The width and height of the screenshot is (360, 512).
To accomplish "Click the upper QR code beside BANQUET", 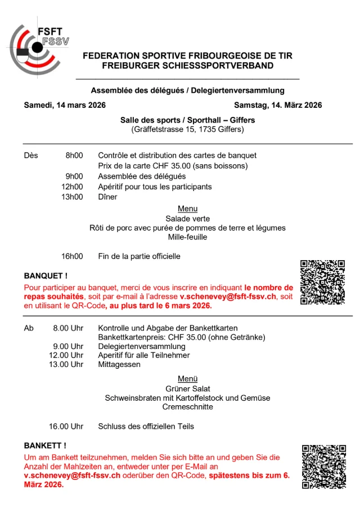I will [322, 282].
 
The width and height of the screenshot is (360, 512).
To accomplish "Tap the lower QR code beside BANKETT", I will [323, 466].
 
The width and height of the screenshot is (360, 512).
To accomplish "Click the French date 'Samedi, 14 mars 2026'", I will [65, 105].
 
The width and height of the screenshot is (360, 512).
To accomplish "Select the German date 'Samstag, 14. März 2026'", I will [278, 105].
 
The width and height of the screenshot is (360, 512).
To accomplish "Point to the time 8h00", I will [74, 156].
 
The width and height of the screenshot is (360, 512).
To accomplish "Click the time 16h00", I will [72, 256].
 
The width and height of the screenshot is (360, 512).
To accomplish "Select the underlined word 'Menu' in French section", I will [187, 209].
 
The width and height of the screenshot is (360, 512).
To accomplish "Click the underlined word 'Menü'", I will [187, 379].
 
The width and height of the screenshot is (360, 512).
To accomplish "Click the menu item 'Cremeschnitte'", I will [188, 406].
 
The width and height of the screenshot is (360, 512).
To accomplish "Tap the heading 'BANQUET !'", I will [46, 276].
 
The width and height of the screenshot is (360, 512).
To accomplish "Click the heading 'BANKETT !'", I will [45, 446].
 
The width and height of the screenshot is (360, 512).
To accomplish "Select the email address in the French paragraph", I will [228, 296].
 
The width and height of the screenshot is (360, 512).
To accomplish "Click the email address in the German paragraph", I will [72, 475].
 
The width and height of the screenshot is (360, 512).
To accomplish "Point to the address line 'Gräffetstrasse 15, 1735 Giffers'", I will [187, 130].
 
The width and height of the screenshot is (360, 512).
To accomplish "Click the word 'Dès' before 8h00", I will [31, 156].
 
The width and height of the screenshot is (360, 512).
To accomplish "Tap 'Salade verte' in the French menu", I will [187, 218].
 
